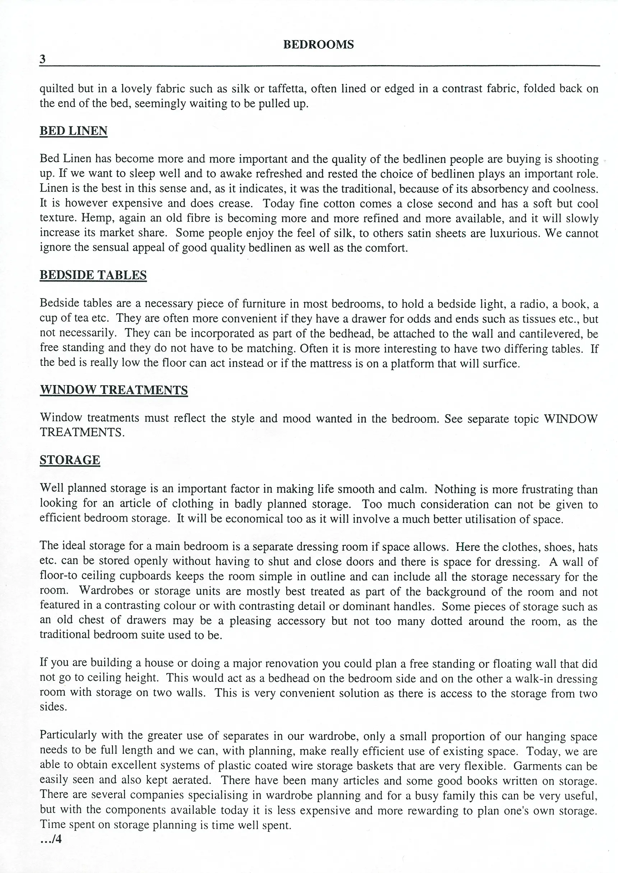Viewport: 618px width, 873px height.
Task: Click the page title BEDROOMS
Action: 318,45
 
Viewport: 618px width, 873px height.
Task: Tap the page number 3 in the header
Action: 43,59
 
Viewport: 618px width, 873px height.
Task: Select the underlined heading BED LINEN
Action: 74,131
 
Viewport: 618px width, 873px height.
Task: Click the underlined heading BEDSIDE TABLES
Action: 93,275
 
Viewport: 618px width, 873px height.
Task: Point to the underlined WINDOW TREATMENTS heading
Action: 114,390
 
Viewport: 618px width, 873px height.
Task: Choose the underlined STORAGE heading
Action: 70,460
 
